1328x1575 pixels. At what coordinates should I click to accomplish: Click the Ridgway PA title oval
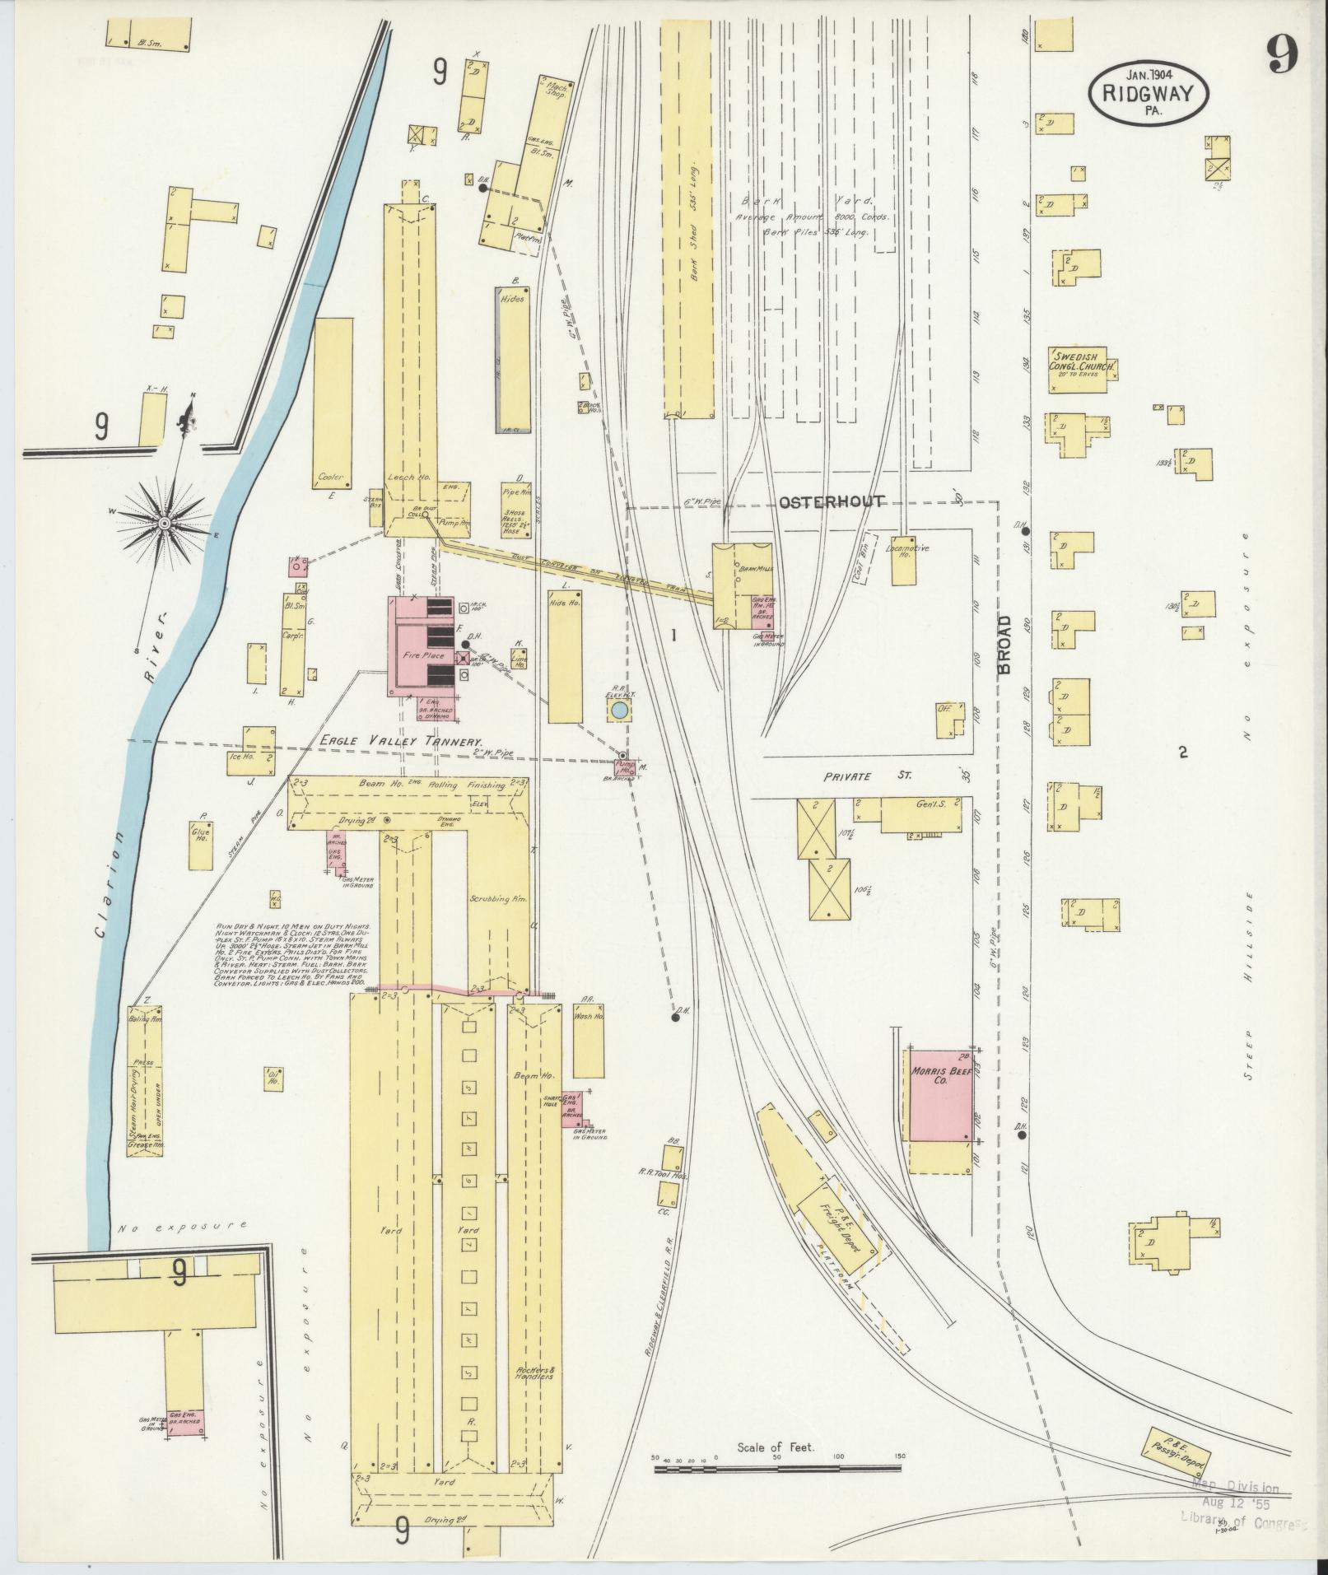1149,94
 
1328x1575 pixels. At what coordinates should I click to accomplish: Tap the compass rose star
165,524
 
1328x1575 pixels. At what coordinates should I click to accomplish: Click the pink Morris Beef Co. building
939,1094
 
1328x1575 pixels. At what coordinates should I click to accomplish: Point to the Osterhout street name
831,501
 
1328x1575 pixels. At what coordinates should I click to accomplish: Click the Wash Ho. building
589,1040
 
